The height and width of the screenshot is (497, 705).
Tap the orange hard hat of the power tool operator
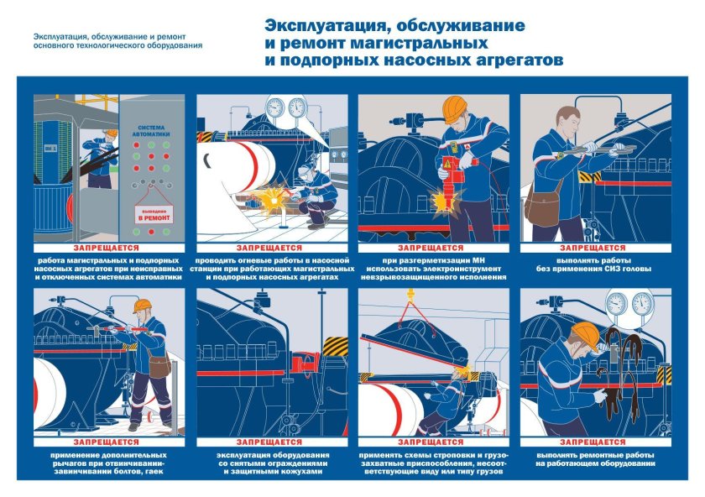455,107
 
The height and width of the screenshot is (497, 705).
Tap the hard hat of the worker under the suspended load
460,371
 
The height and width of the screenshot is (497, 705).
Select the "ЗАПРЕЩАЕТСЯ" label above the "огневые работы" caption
273,248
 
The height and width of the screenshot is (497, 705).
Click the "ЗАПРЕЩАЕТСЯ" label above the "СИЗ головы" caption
596,248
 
